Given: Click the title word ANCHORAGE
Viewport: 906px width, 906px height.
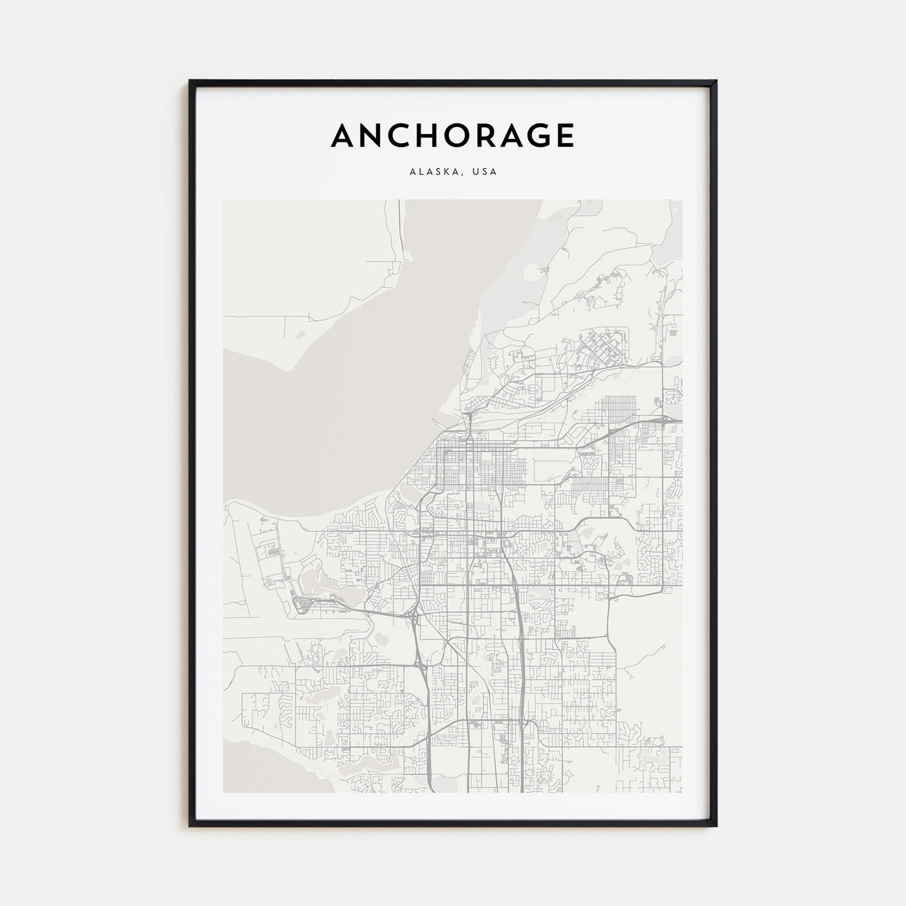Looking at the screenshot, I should pyautogui.click(x=452, y=136).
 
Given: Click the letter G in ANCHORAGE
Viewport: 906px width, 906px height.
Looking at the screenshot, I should pyautogui.click(x=530, y=136).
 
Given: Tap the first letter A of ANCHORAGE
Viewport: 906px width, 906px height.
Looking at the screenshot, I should pyautogui.click(x=343, y=136).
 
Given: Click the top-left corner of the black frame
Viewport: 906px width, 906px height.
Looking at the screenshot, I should pyautogui.click(x=190, y=82).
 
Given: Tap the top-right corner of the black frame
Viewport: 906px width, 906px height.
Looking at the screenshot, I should pyautogui.click(x=716, y=82).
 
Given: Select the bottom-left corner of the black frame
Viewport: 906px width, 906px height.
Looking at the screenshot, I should pyautogui.click(x=190, y=825).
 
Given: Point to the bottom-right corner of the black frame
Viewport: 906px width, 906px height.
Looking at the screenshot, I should pyautogui.click(x=716, y=825).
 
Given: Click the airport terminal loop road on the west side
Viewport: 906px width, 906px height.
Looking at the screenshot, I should pyautogui.click(x=302, y=606).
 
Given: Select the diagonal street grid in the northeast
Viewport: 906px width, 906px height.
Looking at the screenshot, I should pyautogui.click(x=605, y=346).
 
